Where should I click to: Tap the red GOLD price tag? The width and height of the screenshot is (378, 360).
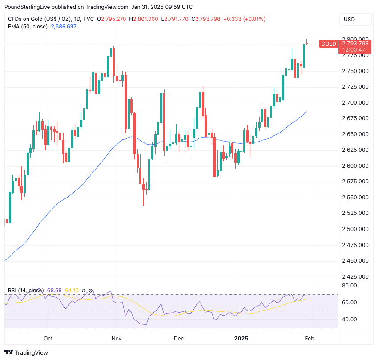[x=328, y=44]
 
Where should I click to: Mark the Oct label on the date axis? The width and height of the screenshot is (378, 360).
[x=48, y=339]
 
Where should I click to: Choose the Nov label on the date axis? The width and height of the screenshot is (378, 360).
[x=116, y=339]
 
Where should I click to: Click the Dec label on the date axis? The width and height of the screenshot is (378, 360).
[x=179, y=339]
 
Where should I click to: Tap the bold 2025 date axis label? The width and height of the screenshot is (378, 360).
[x=241, y=339]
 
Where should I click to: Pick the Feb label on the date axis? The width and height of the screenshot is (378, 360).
[x=309, y=339]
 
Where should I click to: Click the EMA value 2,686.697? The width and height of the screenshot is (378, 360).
[x=64, y=27]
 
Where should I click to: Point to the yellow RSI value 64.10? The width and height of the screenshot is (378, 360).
[x=72, y=291]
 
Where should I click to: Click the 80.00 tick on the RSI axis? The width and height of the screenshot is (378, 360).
[x=350, y=286]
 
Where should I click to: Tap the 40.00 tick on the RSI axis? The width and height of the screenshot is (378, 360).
[x=350, y=320]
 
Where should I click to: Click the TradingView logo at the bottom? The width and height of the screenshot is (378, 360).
[x=26, y=352]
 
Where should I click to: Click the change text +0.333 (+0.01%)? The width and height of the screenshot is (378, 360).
[x=244, y=19]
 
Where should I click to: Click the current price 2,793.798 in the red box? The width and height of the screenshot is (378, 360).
[x=355, y=43]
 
